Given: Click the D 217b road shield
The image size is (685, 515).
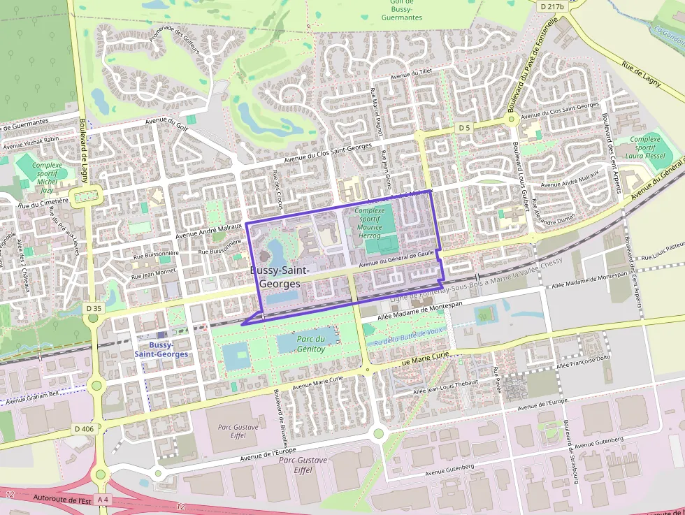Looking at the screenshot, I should pyautogui.click(x=552, y=6).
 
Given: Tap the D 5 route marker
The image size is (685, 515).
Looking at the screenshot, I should pyautogui.click(x=465, y=128).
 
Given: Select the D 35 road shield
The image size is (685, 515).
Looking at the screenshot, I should pyautogui.click(x=94, y=307).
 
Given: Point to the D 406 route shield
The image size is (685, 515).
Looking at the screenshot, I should pyautogui.click(x=83, y=428).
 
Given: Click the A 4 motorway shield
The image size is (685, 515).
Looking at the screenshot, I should pyautogui.click(x=103, y=499).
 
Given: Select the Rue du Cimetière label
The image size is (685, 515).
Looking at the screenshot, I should pyautogui.click(x=43, y=203).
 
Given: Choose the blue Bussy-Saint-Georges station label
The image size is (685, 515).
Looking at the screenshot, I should pyautogui.click(x=161, y=349).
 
